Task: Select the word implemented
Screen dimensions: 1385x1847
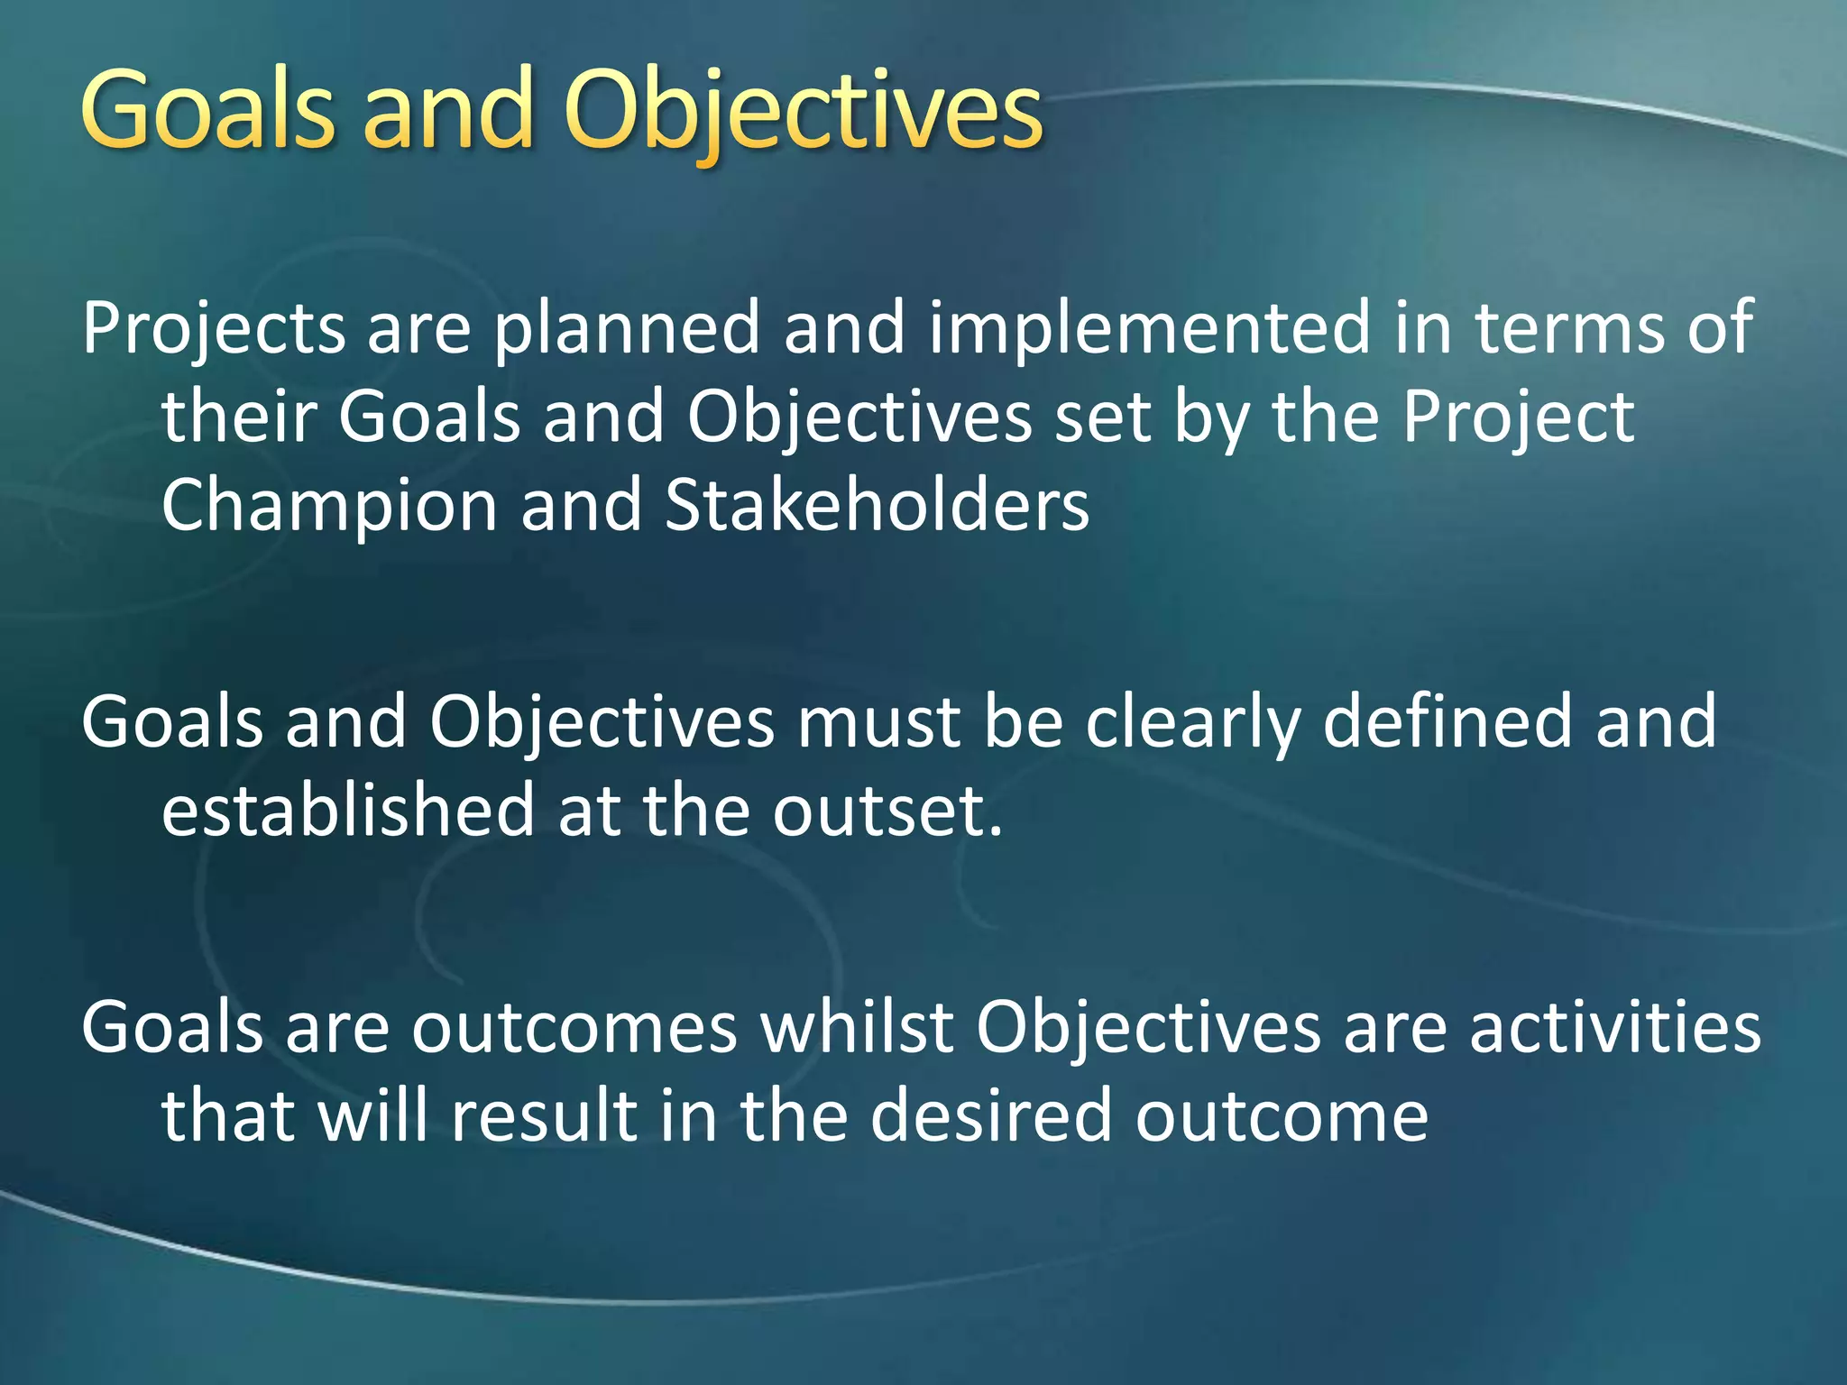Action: click(1149, 328)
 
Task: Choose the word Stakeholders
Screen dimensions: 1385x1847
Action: click(877, 505)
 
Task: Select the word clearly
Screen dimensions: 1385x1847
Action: click(1193, 723)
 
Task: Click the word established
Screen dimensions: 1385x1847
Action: click(348, 810)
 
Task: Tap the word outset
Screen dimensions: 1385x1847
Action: click(887, 812)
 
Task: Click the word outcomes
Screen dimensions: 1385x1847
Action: click(574, 1028)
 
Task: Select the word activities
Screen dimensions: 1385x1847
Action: click(1614, 1028)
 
